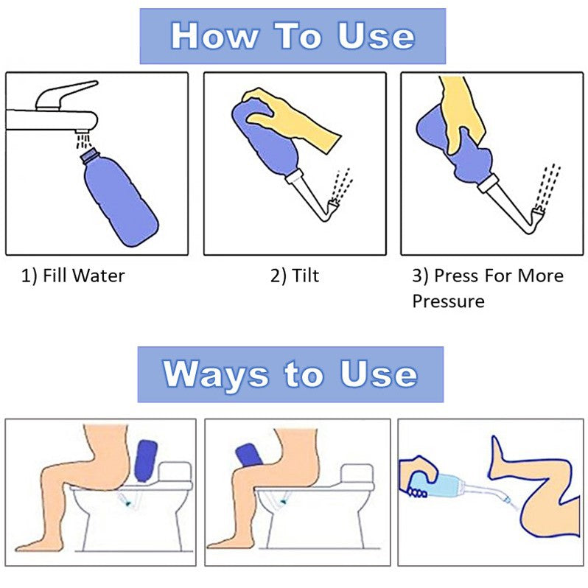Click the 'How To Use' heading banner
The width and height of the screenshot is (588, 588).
point(293,36)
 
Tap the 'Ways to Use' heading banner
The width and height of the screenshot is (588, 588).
point(290,374)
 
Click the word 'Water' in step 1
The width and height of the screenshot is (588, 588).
point(99,276)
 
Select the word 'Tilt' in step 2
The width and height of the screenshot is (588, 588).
point(305,276)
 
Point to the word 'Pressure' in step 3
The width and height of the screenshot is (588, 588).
point(448,301)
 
